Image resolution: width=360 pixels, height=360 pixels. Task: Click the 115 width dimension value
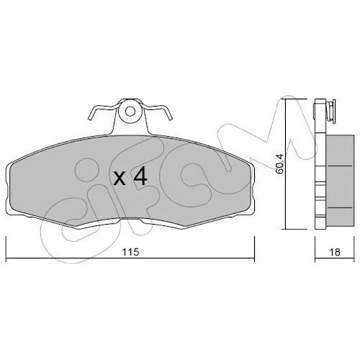[x=130, y=252]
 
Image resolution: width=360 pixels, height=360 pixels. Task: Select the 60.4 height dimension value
[x=280, y=163]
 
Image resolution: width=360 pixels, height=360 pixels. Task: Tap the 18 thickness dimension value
[x=335, y=252]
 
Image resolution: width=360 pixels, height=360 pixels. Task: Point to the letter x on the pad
[x=120, y=179]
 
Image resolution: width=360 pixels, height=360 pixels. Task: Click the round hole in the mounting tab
[x=130, y=111]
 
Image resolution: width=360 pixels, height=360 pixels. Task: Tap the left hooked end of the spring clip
[x=90, y=117]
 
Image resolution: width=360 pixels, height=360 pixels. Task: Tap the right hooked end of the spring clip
[x=171, y=117]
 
